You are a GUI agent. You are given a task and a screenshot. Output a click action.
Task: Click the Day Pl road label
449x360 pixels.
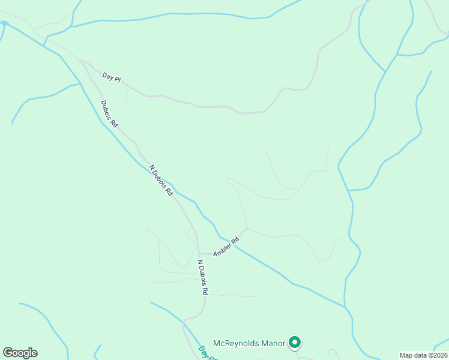pyautogui.click(x=112, y=77)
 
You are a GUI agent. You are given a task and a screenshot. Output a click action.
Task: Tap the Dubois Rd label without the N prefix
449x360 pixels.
pyautogui.click(x=109, y=113)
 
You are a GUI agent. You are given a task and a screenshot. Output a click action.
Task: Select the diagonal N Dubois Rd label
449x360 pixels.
pyautogui.click(x=161, y=181)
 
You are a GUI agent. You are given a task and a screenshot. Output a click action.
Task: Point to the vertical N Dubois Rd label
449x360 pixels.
pyautogui.click(x=203, y=277)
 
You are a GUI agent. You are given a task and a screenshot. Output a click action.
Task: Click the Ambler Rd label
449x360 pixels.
pyautogui.click(x=226, y=247)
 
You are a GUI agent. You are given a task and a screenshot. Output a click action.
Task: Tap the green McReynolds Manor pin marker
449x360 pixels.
pyautogui.click(x=295, y=343)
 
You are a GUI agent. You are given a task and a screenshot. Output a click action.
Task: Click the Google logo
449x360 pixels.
pyautogui.click(x=20, y=353)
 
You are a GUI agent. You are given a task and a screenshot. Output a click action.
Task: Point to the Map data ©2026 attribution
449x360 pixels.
pyautogui.click(x=423, y=355)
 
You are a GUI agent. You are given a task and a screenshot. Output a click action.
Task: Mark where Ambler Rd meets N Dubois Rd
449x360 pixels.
pyautogui.click(x=199, y=254)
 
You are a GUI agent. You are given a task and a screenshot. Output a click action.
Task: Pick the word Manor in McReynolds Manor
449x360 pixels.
pyautogui.click(x=270, y=343)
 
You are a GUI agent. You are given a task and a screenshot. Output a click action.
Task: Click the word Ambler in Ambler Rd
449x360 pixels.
pyautogui.click(x=223, y=248)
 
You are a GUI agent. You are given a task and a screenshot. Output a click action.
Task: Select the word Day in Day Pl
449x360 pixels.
pyautogui.click(x=107, y=76)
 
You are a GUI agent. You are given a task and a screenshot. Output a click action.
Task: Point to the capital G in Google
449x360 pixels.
pyautogui.click(x=8, y=353)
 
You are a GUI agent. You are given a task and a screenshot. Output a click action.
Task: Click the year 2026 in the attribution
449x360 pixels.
pyautogui.click(x=438, y=355)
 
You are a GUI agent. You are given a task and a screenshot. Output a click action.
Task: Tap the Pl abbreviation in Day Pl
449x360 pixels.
pyautogui.click(x=117, y=79)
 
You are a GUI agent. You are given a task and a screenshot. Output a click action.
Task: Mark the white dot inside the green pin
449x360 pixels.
pyautogui.click(x=295, y=342)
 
